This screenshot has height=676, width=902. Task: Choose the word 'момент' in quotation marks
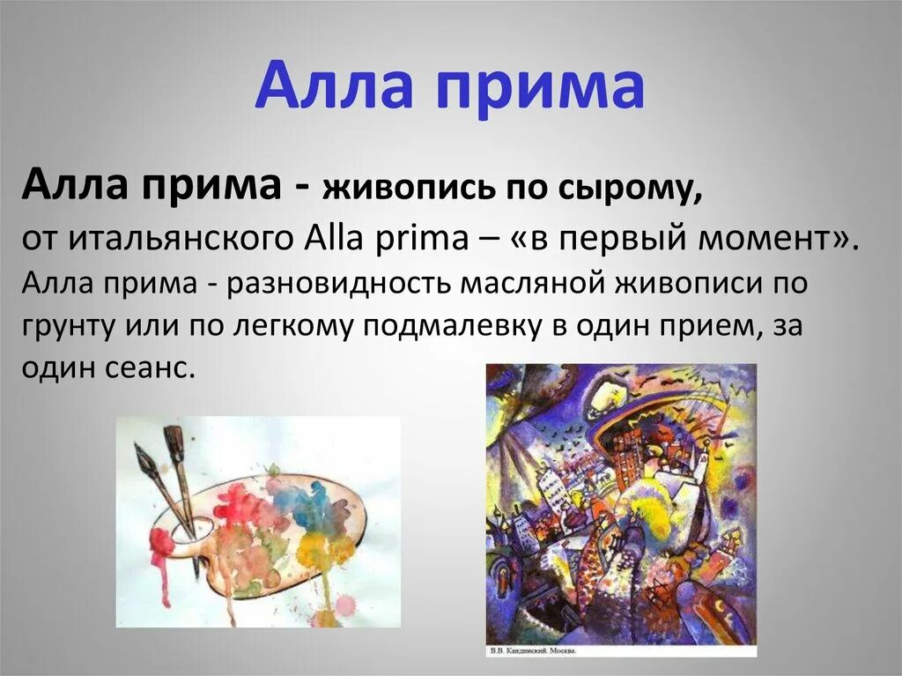click(773, 237)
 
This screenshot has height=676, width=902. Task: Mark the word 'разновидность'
click(341, 284)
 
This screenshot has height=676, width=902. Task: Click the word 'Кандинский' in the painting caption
click(537, 652)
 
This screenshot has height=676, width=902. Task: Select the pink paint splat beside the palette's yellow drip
click(345, 604)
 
